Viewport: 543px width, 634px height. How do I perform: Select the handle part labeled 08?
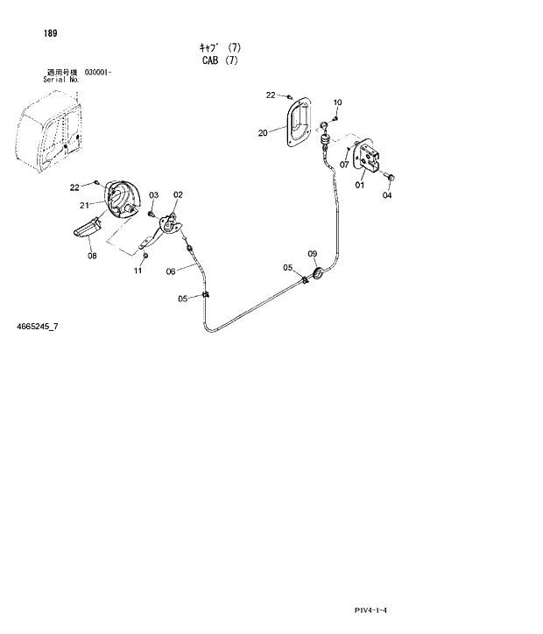(x=88, y=231)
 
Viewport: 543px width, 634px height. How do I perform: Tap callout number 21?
(x=85, y=205)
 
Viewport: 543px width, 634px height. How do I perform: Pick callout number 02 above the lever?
(x=178, y=194)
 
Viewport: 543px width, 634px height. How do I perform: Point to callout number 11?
(x=138, y=271)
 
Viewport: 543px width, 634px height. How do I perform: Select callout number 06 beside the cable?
(x=171, y=271)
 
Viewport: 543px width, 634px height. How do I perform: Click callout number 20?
(x=263, y=133)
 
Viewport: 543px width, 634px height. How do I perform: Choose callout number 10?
(x=338, y=102)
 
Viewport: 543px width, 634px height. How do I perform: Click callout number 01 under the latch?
(x=360, y=185)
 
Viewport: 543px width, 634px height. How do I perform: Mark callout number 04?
(x=387, y=195)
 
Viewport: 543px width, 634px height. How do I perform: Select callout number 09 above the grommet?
(x=312, y=254)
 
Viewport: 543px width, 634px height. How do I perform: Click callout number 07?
(x=344, y=164)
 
